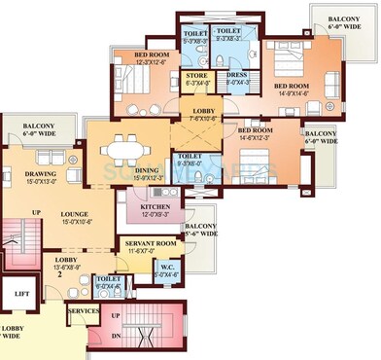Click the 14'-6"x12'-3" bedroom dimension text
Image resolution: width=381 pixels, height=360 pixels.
tap(259, 138)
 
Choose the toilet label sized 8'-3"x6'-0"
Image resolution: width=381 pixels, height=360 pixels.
tap(190, 161)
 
